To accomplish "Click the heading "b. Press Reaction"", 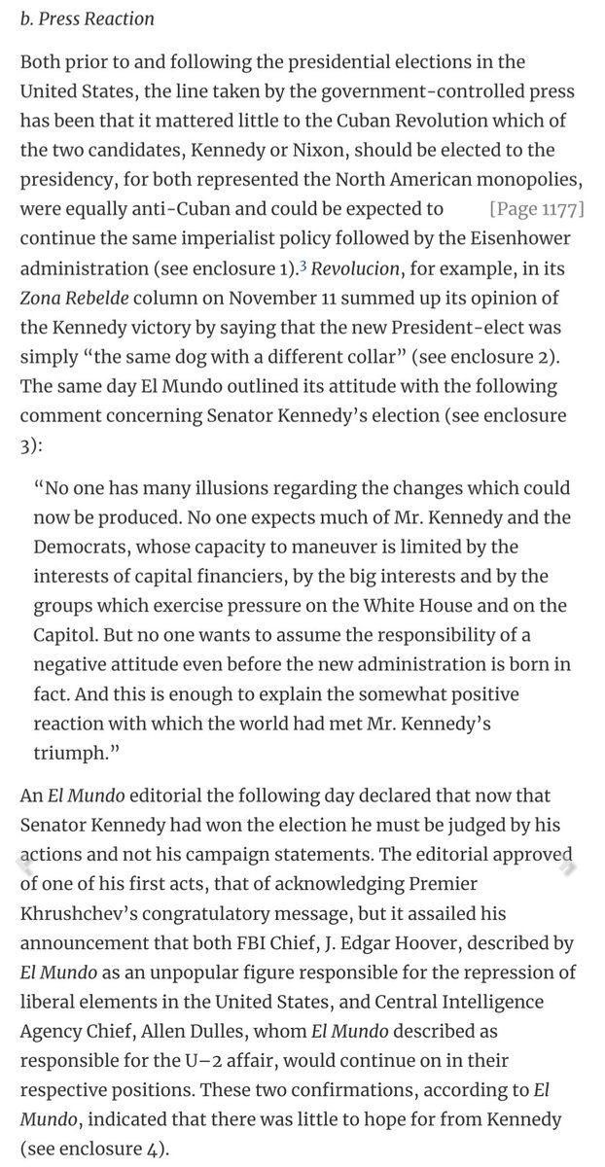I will click(x=87, y=18).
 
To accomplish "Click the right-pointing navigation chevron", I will click(x=562, y=861).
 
